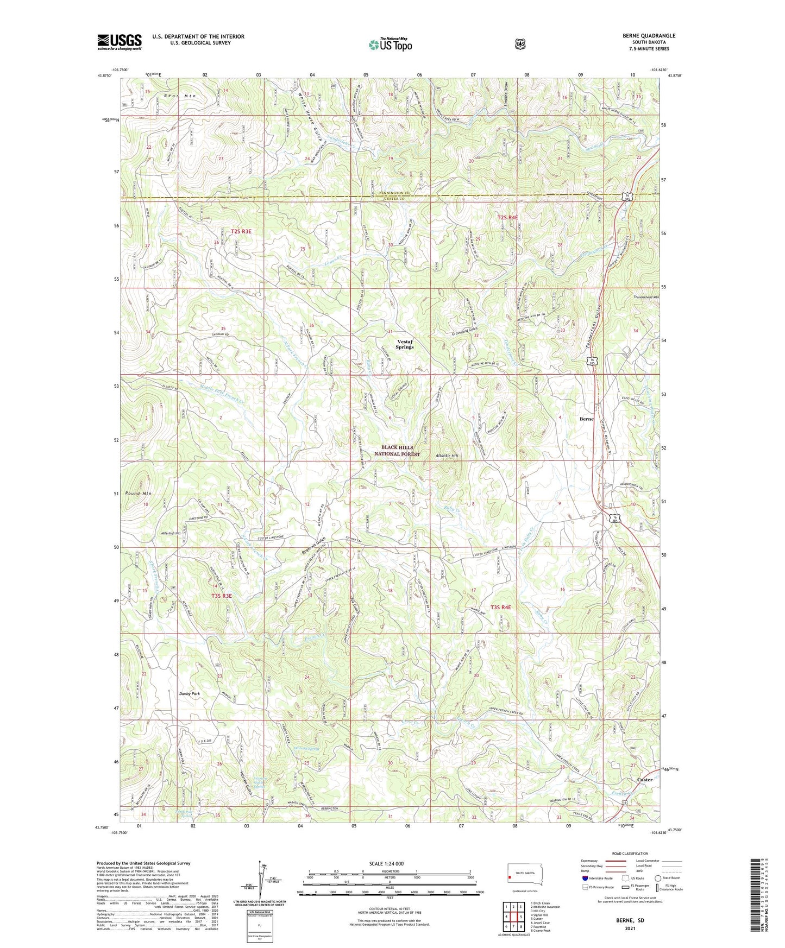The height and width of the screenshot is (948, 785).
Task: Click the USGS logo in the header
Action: [x=119, y=42]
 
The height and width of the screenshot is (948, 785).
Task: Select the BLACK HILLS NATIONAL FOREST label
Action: [x=401, y=451]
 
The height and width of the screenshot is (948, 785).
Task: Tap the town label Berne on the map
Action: [x=586, y=419]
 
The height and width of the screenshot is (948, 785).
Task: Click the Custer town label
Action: [x=644, y=780]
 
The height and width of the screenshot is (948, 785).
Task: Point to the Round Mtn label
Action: [x=138, y=494]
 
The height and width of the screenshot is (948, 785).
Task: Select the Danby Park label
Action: [x=190, y=693]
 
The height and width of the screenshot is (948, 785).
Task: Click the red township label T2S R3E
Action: [x=241, y=231]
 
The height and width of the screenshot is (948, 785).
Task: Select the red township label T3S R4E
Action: [x=501, y=608]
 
